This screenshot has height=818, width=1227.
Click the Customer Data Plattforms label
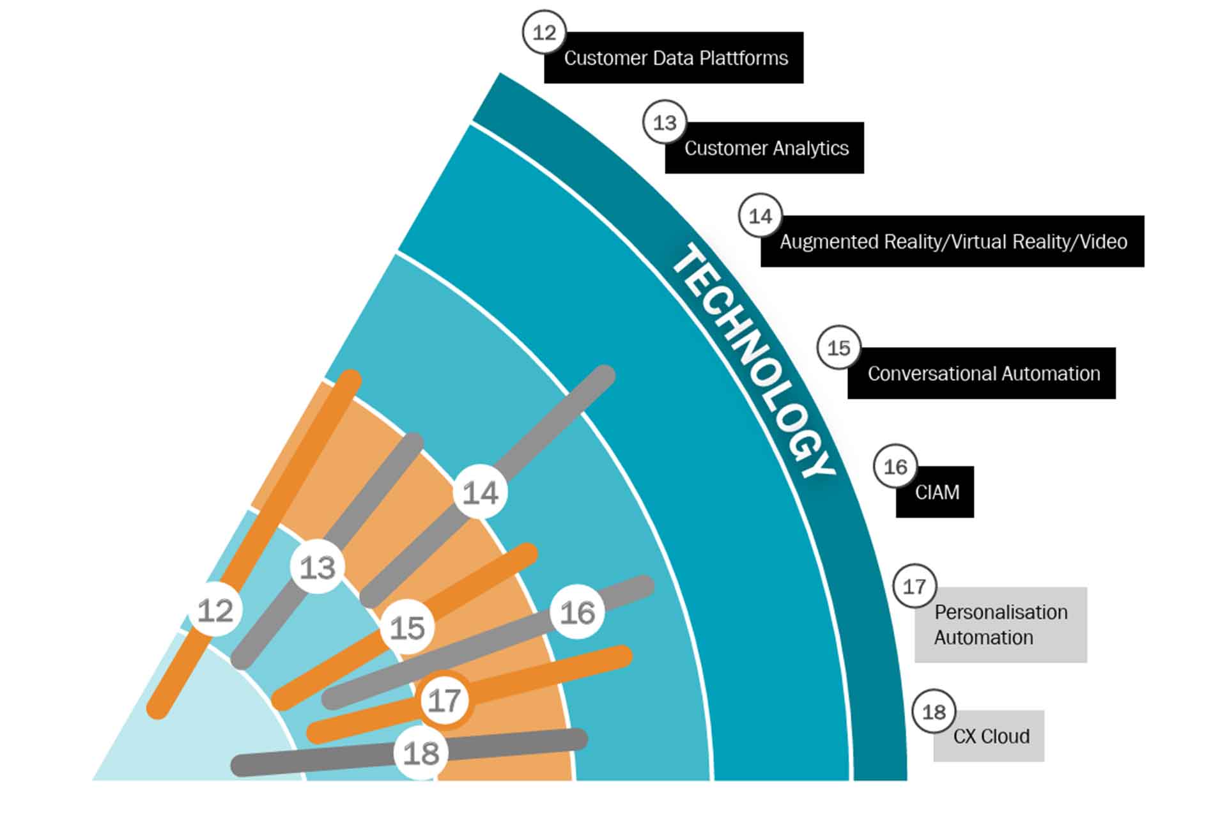675,58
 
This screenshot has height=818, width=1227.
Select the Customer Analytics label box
766,148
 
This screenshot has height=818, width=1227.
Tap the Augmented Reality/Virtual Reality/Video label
953,242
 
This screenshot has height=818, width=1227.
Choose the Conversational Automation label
983,374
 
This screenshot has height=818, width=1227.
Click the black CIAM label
936,493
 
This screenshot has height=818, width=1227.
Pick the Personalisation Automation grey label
1001,625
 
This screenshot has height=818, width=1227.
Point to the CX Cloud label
990,737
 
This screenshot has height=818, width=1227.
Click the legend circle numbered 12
544,33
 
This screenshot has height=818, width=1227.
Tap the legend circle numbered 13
665,122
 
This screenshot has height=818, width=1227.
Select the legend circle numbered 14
760,216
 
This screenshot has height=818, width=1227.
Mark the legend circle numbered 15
838,348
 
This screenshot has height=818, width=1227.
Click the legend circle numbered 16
895,467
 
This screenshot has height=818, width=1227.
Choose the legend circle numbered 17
914,586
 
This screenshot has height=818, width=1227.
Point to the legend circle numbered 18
934,711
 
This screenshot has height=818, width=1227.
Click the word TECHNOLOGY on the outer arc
754,361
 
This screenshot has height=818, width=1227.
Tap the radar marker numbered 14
480,493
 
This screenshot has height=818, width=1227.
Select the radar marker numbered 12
215,610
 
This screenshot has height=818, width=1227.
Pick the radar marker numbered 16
577,612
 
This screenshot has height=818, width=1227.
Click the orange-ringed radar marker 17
444,700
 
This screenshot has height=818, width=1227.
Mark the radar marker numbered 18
421,753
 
